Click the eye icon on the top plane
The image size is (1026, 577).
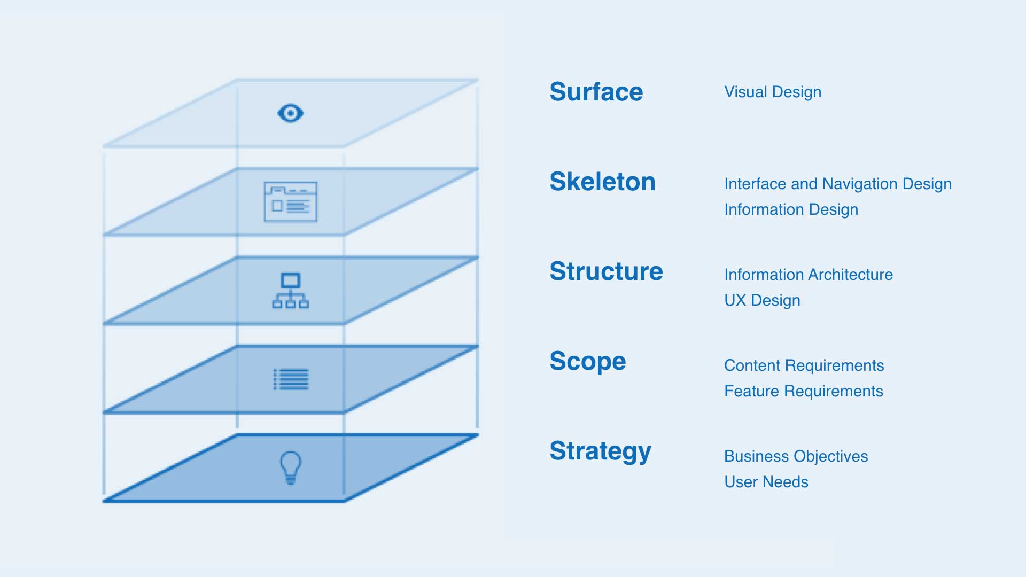tap(291, 113)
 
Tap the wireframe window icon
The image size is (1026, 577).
tap(291, 202)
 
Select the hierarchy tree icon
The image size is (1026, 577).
tap(291, 291)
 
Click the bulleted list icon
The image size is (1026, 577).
tap(291, 379)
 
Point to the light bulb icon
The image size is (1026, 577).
tap(291, 468)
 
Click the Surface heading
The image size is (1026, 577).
tap(596, 92)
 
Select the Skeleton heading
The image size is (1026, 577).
tap(603, 182)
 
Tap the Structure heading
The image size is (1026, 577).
tap(607, 271)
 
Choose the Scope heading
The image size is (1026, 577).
tap(588, 362)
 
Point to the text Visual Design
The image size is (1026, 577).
tap(773, 92)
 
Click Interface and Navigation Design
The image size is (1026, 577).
tap(838, 184)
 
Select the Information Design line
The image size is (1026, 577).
tap(791, 210)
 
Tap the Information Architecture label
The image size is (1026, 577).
tap(809, 275)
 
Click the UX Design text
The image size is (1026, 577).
tap(762, 301)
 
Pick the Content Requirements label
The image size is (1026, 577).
tap(804, 366)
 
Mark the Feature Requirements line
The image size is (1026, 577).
tap(804, 392)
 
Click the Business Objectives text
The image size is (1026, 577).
tap(796, 457)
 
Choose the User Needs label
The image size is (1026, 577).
tap(766, 482)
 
